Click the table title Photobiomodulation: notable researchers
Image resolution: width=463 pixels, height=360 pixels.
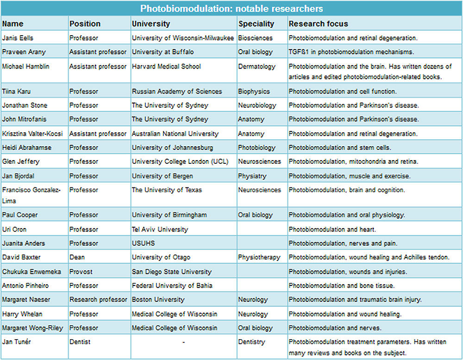coord(231,8)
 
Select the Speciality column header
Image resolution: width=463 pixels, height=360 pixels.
coord(257,24)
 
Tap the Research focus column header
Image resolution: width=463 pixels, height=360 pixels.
coord(319,24)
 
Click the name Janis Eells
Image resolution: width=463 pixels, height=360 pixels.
coord(18,38)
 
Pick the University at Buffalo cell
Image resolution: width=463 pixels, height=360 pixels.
coord(163,52)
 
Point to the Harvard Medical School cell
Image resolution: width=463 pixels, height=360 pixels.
coord(166,66)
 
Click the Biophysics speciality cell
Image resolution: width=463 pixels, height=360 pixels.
coord(254,92)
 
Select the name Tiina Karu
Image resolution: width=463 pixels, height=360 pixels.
coord(16,91)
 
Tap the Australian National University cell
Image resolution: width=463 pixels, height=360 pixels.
coord(175,134)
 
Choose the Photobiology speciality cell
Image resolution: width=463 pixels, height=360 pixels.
coord(257,148)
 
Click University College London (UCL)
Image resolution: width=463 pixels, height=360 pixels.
coord(180,161)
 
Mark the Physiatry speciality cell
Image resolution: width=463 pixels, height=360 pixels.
coord(252,176)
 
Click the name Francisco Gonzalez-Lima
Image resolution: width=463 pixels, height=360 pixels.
coord(31,195)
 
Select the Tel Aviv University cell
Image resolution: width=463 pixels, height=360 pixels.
coord(160,229)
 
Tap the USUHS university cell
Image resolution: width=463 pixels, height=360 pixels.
coord(143,243)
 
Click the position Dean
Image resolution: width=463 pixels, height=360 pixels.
coord(77,257)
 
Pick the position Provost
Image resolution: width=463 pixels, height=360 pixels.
coord(81,272)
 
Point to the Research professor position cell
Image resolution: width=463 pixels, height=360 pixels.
coord(98,299)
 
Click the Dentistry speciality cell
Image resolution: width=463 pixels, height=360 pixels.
coord(251,342)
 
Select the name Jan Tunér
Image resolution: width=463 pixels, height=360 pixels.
coord(17,341)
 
